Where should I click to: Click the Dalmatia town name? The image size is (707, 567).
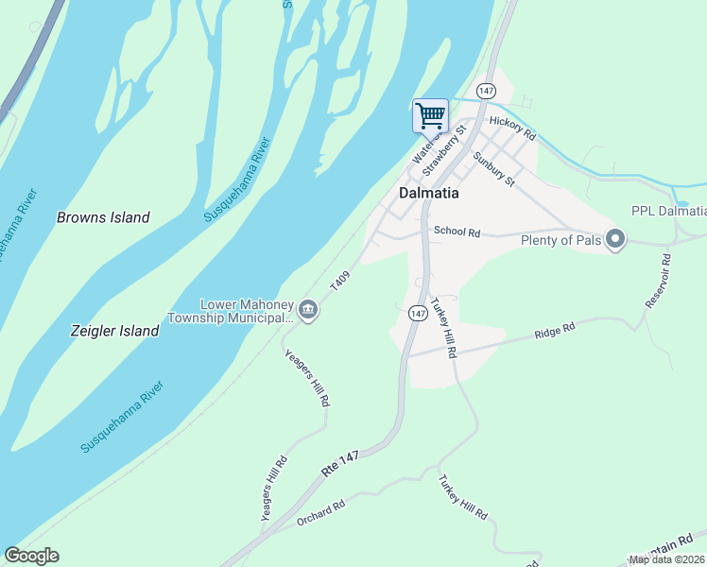428,192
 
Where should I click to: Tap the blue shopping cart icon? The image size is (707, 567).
430,116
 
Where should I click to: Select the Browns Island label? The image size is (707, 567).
103,217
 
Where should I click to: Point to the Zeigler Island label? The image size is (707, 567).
114,331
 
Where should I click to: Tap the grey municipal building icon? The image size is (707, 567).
308,310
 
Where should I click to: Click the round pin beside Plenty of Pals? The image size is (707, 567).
615,239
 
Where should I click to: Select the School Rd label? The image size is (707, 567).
457,232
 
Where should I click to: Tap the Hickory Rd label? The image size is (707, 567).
512,129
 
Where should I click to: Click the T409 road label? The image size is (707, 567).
340,281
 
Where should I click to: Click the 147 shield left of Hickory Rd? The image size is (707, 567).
486,90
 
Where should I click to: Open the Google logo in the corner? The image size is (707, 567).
31,556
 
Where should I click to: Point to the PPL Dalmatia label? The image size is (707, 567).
668,211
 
